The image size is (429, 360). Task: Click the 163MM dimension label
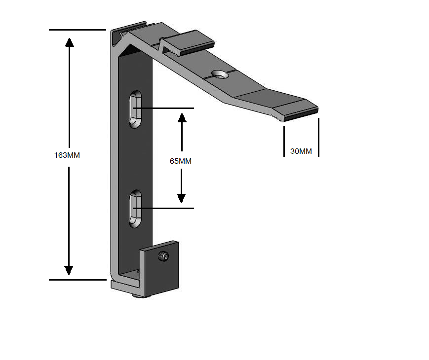coord(67,155)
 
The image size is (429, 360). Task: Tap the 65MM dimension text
coord(181,161)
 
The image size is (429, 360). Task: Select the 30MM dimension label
coord(301,151)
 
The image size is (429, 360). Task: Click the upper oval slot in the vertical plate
coord(135,109)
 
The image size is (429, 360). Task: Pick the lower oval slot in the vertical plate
coord(135,209)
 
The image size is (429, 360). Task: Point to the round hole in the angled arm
coord(220,74)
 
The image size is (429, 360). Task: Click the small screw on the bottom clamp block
coord(163,256)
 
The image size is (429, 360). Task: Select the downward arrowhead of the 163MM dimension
coord(69,270)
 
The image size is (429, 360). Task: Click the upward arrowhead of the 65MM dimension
coord(182,118)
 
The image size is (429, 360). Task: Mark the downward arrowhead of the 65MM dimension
coord(181,198)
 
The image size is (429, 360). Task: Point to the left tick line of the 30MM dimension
coord(284,141)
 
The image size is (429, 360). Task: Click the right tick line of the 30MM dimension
coord(319,137)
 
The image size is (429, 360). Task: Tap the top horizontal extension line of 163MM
coord(78,30)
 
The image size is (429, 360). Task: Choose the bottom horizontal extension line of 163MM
coord(78,280)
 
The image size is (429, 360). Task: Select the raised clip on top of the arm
coord(187,43)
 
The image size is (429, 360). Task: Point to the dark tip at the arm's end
coord(301,115)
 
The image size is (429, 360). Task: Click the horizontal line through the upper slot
coord(163,108)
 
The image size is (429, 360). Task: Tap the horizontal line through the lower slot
coord(163,208)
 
